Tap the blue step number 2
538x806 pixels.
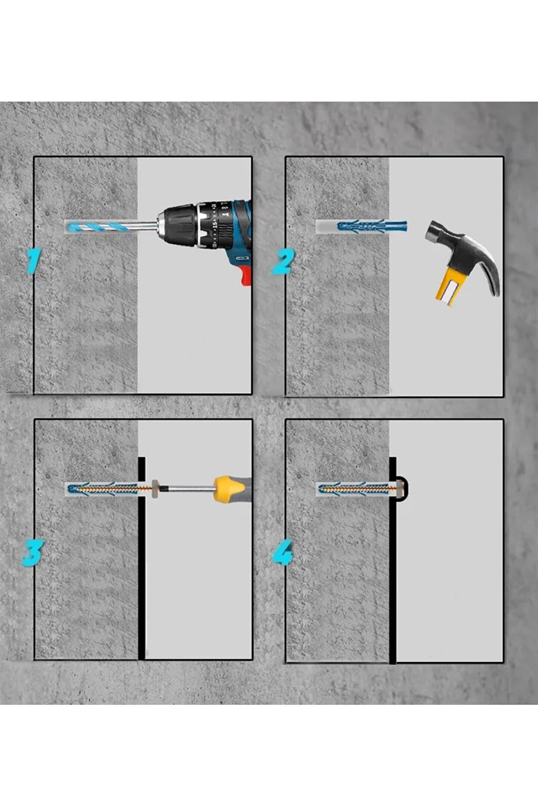[283, 262]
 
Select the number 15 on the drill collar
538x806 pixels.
[215, 224]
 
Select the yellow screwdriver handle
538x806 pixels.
[229, 488]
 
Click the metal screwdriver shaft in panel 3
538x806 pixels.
[187, 488]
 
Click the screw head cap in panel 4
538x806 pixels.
[400, 488]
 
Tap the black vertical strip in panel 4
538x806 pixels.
[393, 560]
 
